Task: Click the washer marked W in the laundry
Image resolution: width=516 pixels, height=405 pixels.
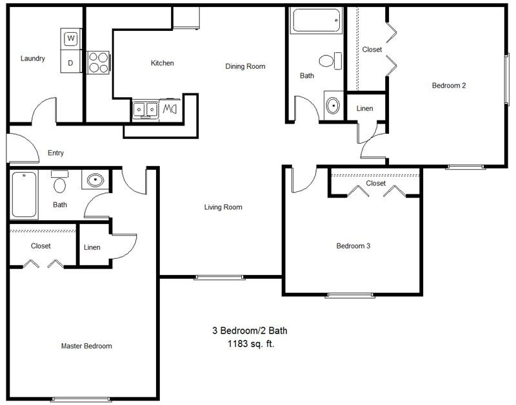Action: [x=71, y=39]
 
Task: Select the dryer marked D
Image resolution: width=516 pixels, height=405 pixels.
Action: [x=71, y=62]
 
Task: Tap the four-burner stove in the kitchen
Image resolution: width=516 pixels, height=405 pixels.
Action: [x=98, y=62]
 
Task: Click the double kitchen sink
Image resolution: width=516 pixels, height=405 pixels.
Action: [x=146, y=109]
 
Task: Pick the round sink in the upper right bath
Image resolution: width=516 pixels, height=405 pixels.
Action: [x=333, y=105]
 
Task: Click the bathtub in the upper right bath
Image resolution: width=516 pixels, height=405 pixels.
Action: [x=315, y=21]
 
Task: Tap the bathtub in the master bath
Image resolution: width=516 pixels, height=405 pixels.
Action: [x=24, y=194]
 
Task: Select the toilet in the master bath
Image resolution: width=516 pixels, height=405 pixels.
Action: [x=60, y=184]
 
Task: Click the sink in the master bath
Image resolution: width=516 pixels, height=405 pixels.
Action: [x=95, y=180]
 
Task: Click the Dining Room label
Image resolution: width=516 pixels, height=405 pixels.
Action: [x=245, y=66]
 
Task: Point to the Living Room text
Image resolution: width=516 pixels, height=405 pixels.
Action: [x=223, y=207]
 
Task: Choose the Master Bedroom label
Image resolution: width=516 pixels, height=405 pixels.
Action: [x=86, y=346]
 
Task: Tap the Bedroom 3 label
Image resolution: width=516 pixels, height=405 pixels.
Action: [x=353, y=246]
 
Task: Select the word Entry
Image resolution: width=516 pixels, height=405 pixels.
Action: [x=55, y=153]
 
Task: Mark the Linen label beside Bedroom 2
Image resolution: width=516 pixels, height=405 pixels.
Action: [x=364, y=108]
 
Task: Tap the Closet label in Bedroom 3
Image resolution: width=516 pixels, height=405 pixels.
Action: [x=376, y=184]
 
